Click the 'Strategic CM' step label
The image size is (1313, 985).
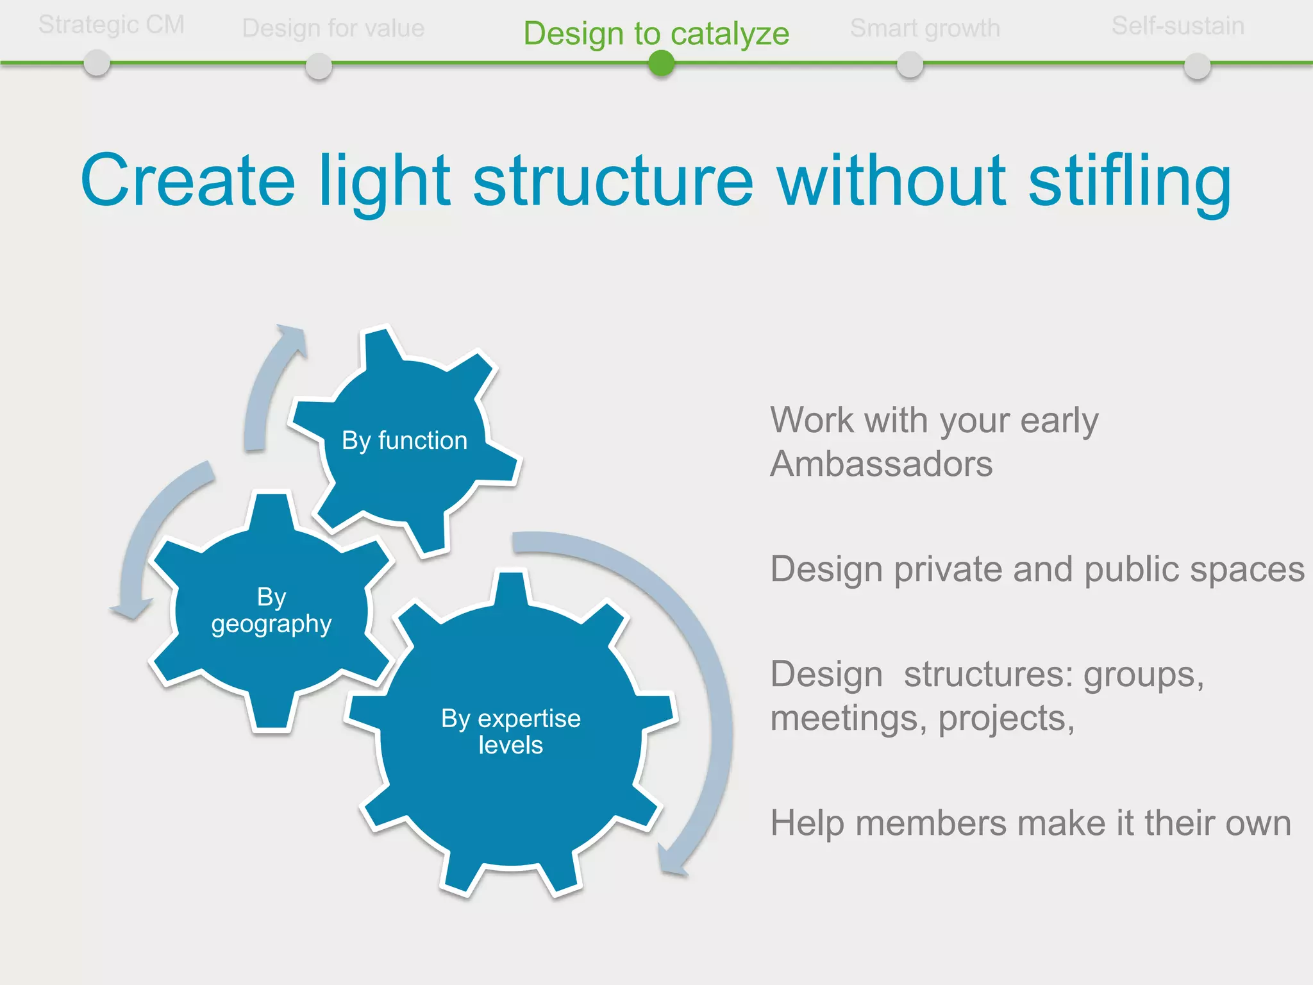point(112,25)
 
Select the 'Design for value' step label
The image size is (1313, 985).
point(333,28)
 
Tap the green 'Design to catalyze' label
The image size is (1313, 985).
point(656,34)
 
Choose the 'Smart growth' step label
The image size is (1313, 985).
point(925,28)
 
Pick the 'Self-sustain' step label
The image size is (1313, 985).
point(1178,26)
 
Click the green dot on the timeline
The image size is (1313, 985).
point(661,63)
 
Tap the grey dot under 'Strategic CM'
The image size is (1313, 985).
point(97,63)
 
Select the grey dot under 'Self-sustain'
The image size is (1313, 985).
point(1197,66)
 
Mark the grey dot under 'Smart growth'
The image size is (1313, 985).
point(910,65)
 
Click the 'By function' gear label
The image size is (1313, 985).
point(405,441)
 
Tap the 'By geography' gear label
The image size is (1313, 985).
point(271,610)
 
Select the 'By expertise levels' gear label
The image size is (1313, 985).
point(511,732)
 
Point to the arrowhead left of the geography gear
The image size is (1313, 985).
point(131,609)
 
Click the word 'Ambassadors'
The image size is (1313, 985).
point(882,464)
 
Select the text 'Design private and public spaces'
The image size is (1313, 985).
point(1037,569)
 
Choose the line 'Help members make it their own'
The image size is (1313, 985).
point(1031,823)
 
